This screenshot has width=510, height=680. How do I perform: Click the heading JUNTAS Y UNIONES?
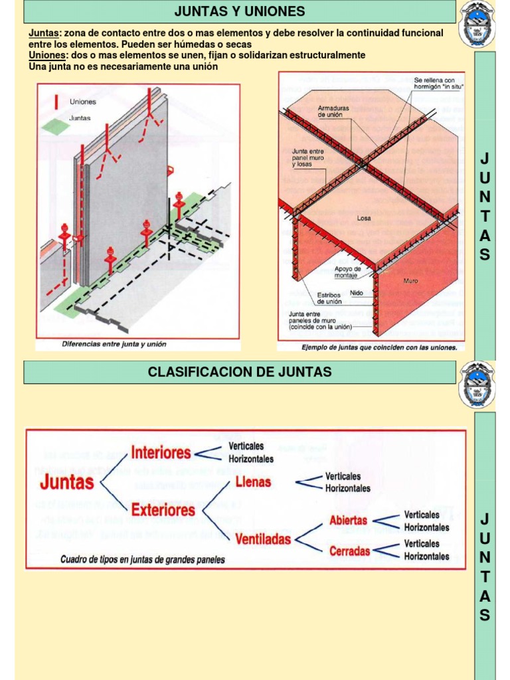(239, 11)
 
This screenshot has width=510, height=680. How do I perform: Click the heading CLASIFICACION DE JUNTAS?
(239, 372)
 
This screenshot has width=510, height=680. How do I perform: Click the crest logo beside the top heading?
(477, 25)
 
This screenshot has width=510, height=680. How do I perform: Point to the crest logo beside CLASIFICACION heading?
(477, 384)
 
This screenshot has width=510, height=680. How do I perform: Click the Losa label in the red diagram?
(364, 218)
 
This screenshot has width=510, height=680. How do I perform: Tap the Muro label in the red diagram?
(411, 281)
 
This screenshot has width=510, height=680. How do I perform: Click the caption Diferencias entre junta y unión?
(114, 344)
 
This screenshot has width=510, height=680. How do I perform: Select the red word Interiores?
(161, 453)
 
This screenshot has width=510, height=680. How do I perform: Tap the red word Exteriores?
(163, 510)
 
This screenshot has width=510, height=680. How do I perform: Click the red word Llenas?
(253, 481)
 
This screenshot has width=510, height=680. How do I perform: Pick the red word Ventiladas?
(263, 539)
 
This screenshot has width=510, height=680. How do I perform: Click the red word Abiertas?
(348, 521)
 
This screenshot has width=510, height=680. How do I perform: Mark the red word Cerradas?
(349, 550)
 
